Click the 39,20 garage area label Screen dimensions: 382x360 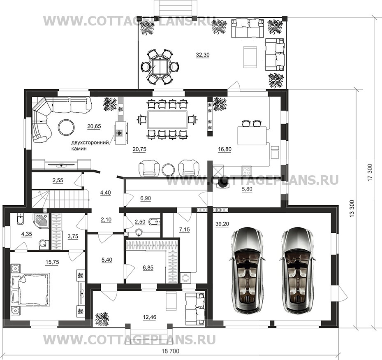coord(222,224)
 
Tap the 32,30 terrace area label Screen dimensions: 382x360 coord(203,55)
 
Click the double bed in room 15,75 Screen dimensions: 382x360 coord(30,289)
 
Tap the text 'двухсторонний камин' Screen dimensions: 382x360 coord(90,145)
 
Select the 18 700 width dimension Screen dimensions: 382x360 coord(171,351)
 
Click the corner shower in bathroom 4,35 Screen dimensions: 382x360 coord(42,220)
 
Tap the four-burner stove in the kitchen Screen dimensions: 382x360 coord(247,170)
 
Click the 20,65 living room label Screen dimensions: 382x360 coord(94,126)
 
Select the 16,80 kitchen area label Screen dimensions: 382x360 coord(225,149)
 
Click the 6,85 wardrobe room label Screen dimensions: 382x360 coord(148,268)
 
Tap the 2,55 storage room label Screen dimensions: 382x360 coord(58,180)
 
